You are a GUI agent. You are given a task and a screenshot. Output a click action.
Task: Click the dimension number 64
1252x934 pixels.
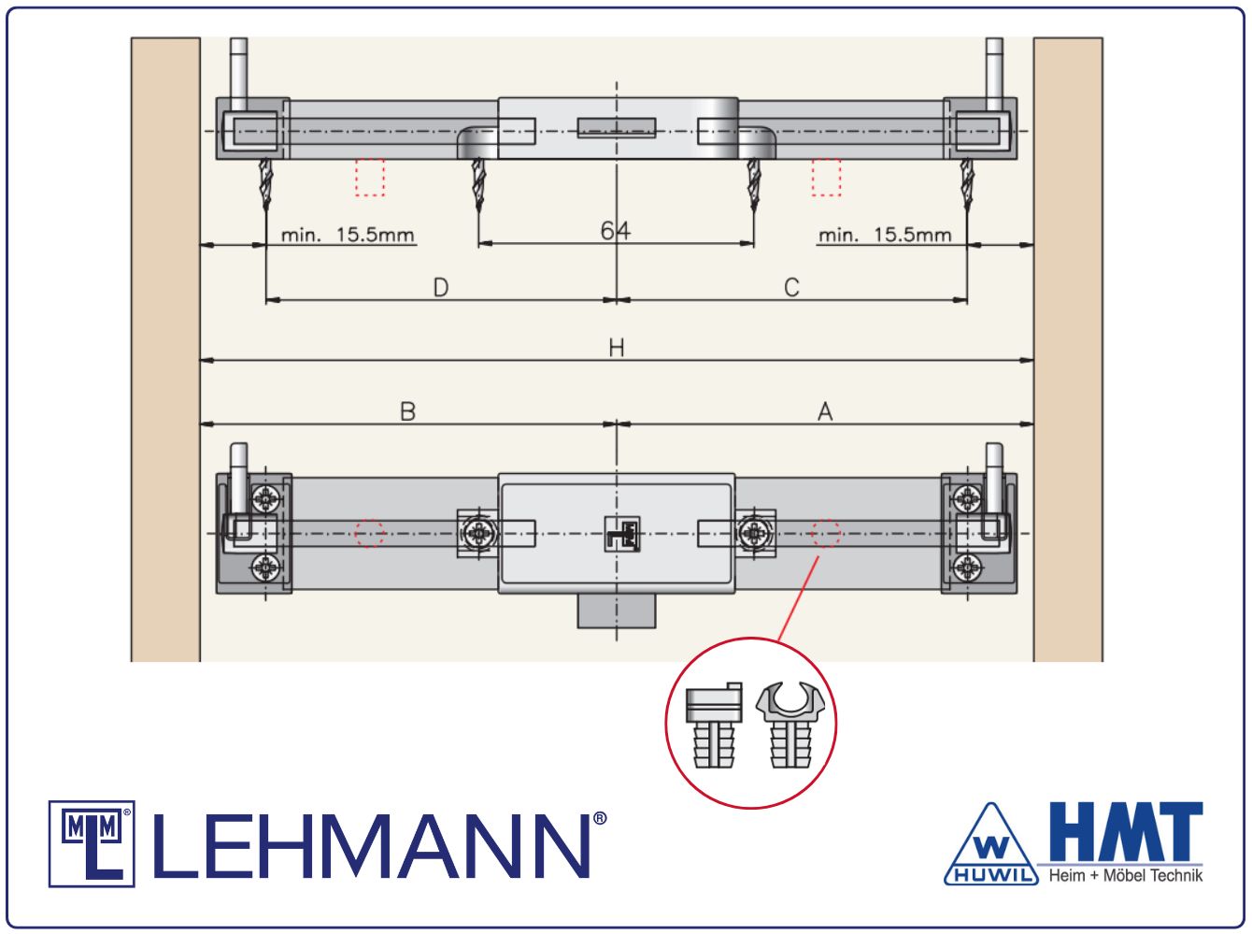(616, 231)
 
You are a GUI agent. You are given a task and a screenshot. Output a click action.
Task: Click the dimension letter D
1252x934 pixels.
(441, 287)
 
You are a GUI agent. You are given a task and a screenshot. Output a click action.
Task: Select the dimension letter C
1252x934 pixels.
(791, 287)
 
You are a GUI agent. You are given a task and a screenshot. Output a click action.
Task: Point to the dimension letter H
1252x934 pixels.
(617, 348)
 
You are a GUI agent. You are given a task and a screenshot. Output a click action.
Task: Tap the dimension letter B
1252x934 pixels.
(407, 411)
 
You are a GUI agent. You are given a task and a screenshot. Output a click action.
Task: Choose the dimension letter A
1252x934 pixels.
(825, 411)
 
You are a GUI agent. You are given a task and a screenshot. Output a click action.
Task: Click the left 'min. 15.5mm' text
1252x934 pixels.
(348, 235)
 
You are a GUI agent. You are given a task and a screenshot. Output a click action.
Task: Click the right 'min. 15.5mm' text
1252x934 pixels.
(885, 235)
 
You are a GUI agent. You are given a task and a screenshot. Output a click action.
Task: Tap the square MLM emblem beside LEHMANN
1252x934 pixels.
(92, 844)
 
